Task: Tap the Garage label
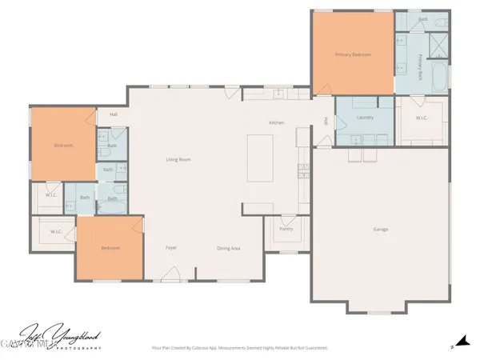pos(380,230)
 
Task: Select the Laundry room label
pos(365,118)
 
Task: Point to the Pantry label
pos(286,230)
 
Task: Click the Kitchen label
pos(277,122)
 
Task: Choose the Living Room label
pos(178,160)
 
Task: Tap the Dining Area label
pos(229,248)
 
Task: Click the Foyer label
pos(171,248)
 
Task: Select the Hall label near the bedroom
pos(114,115)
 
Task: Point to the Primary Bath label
pos(422,65)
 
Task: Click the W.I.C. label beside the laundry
pos(422,118)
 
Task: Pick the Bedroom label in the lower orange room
pos(110,248)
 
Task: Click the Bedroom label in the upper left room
pos(63,146)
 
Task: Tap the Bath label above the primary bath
pos(423,18)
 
